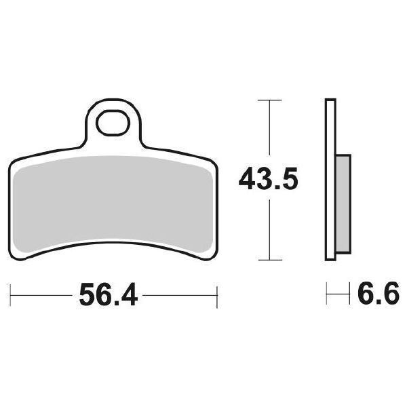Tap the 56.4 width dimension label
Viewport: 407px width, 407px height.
(x=109, y=295)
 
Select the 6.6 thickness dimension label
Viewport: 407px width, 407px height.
(x=378, y=294)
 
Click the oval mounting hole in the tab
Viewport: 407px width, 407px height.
(x=113, y=123)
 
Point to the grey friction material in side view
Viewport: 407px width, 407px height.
(x=343, y=204)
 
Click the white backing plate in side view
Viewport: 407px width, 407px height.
(x=330, y=179)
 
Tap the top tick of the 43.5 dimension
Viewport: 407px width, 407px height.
(x=270, y=100)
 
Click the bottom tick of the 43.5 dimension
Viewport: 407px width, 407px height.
(x=270, y=260)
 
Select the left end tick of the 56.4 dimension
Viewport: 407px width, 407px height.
(x=10, y=295)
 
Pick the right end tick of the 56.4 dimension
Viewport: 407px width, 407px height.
(x=217, y=297)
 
